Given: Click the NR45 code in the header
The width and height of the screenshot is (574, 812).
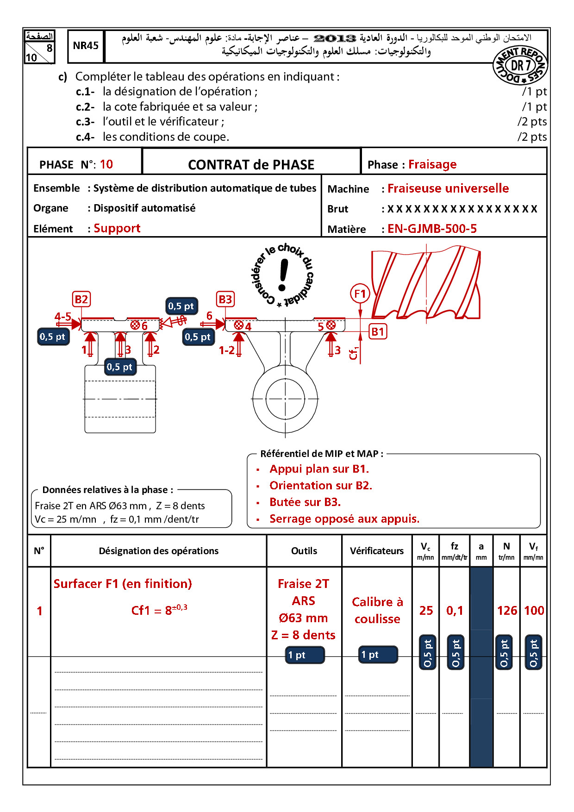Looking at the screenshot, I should (x=86, y=45).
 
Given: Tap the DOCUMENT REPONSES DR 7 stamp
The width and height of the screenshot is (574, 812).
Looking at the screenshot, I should (x=520, y=66).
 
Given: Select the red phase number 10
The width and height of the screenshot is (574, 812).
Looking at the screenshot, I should (x=106, y=164).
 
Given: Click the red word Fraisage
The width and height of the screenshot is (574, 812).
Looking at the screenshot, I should (x=432, y=164).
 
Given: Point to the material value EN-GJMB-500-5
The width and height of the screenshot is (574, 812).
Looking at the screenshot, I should (x=432, y=229).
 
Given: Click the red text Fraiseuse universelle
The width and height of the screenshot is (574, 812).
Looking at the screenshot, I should (x=448, y=188).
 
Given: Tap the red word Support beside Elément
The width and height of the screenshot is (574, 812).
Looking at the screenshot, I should (x=117, y=228).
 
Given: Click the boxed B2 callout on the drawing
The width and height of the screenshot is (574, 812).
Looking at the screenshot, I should (x=81, y=299).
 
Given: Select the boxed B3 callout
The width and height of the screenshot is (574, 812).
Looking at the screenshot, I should (x=225, y=299).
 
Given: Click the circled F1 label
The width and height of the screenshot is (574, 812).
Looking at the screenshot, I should (x=360, y=294).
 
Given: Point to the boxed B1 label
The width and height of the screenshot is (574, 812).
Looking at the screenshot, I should (x=378, y=331).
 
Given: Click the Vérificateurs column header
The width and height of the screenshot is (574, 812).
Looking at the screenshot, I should (x=376, y=551).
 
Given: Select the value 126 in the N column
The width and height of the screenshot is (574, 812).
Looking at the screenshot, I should (x=507, y=611).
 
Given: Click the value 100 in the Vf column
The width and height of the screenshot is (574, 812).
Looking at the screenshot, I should (x=534, y=611).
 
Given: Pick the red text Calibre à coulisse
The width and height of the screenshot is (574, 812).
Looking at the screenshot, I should (x=377, y=610).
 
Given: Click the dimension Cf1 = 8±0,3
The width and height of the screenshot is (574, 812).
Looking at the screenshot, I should (x=159, y=610).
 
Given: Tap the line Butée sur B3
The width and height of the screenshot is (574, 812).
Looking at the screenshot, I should (x=305, y=502).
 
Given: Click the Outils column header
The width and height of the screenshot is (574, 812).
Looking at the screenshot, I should (x=304, y=551).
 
